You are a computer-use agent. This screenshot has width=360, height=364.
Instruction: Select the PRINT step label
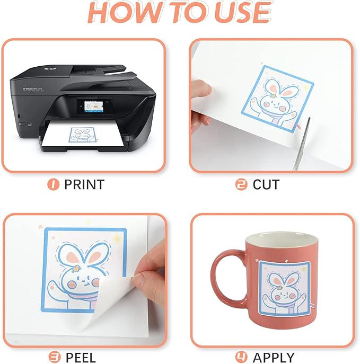coord(84,184)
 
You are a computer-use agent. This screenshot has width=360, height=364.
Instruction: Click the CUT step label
coord(266,184)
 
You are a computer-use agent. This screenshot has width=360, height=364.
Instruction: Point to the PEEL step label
coord(80,357)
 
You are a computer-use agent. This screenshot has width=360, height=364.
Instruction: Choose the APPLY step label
coord(274,357)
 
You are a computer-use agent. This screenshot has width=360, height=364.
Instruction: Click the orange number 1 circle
coord(52,184)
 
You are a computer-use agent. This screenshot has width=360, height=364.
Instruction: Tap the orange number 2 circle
coord(241,184)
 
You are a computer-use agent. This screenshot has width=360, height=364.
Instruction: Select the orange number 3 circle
coord(53,357)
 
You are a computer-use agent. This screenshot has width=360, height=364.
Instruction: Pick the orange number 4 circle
coord(241,357)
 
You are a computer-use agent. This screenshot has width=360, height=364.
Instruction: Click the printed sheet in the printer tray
coord(85,139)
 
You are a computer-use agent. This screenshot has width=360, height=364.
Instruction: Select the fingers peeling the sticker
coord(148,268)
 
